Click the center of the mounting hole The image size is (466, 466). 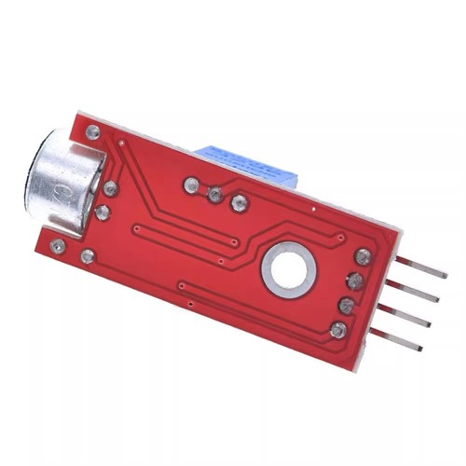pos(287,267)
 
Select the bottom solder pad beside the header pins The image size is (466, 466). pos(338,328)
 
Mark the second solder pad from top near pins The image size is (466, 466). pos(355,281)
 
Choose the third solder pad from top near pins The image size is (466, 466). pos(347,305)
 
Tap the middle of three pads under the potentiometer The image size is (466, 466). pos(215,194)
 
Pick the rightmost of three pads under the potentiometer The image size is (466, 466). pos(240,201)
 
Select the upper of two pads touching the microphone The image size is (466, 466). pos(111,188)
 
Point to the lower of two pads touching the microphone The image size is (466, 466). pos(103,212)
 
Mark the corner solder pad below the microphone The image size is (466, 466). pos(58,247)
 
